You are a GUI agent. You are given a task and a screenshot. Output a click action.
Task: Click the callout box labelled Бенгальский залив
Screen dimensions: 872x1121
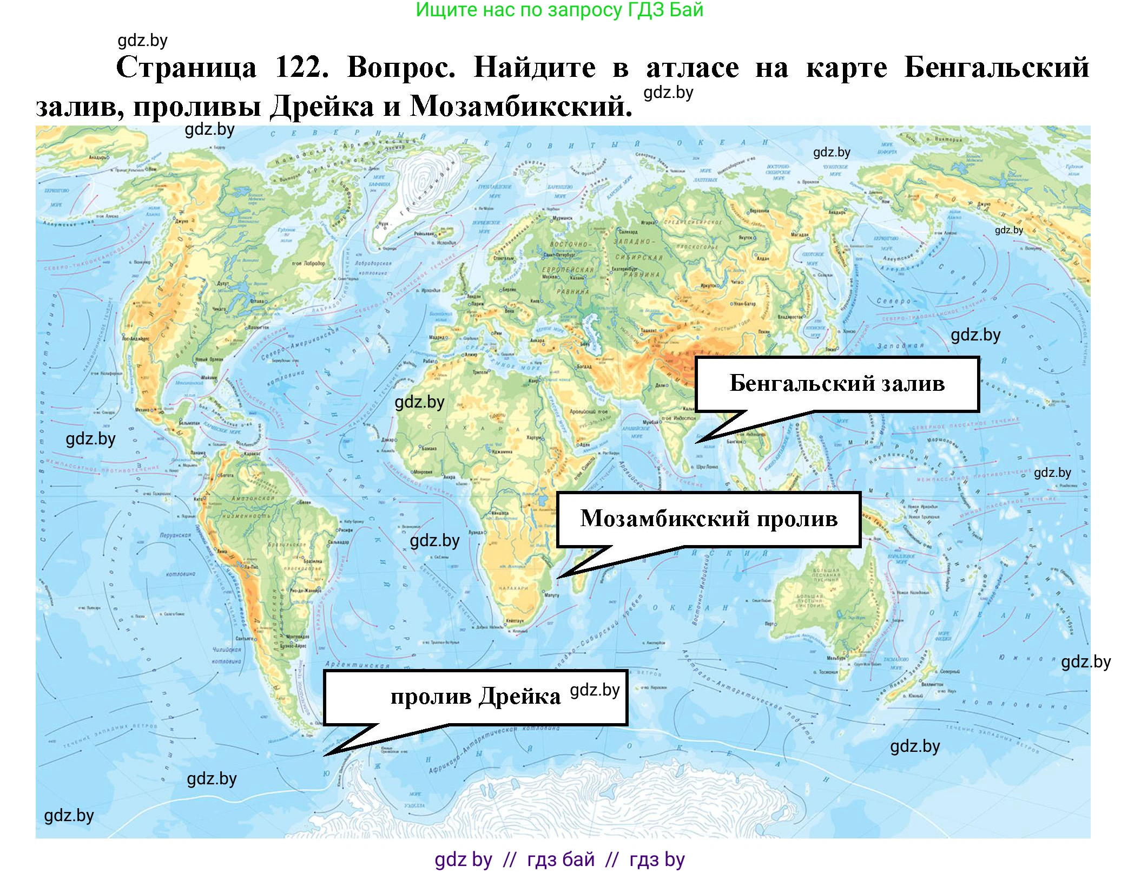836,384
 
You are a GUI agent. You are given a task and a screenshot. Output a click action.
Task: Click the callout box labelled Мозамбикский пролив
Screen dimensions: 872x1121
708,519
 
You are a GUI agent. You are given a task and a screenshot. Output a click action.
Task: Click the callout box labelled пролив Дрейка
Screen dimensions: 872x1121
475,697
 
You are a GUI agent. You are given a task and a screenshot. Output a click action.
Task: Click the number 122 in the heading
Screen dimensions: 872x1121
301,68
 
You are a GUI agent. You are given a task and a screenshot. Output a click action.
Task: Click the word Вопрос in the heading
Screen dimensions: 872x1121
401,68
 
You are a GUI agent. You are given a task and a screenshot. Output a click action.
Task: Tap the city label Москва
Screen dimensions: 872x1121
550,277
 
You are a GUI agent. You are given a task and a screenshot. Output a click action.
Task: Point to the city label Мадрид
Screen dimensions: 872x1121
437,337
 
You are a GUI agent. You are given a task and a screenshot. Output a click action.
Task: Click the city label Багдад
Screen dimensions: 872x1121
584,366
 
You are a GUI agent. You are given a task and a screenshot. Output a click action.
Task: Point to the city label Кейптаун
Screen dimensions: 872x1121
514,621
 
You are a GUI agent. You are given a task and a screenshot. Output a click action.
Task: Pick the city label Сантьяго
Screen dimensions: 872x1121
245,639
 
